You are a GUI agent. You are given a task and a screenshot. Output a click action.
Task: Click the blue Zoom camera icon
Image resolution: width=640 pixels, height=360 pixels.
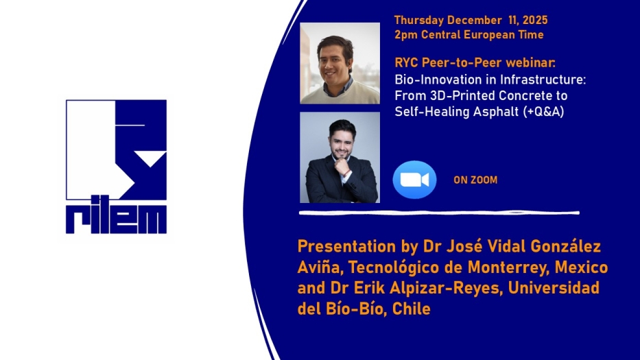pos(414,180)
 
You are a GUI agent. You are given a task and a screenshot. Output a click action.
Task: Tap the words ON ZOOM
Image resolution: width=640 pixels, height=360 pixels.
pos(475,180)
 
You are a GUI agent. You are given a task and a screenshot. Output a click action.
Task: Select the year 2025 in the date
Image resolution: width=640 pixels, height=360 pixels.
pos(534,20)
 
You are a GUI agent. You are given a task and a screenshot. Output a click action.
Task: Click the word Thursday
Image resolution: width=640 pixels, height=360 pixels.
pos(418,20)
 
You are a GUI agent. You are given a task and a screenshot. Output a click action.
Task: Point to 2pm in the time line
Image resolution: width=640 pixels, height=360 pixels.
pos(406,35)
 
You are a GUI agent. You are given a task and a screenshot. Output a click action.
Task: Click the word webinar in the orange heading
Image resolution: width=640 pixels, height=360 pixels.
pos(531,62)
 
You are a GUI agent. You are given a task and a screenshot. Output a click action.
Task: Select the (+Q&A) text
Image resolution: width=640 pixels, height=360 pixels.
pos(544,112)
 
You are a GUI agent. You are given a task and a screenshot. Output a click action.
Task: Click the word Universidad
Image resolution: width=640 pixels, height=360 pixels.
pos(554,287)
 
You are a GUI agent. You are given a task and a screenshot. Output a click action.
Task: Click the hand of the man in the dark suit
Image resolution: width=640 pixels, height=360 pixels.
pos(342,167)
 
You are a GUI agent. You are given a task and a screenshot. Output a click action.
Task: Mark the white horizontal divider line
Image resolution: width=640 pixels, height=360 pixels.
pos(439,213)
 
